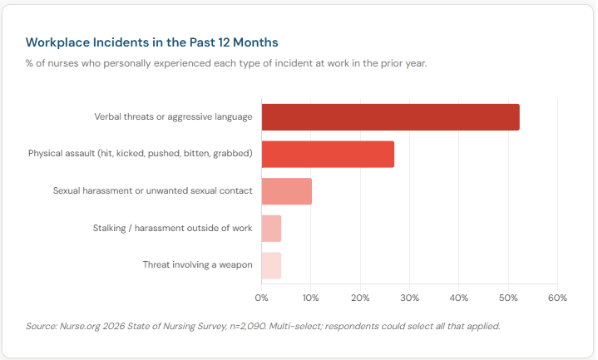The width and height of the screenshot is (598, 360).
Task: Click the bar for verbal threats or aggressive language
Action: (390, 117)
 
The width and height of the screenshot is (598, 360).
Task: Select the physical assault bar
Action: (328, 155)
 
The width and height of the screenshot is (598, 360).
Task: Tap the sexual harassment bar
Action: (286, 191)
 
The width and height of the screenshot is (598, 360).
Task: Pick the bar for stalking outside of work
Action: (271, 229)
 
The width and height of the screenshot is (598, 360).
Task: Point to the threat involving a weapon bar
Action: (271, 265)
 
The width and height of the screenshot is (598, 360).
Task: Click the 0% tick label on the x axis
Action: (261, 297)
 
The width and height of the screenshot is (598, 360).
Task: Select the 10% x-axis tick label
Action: (310, 297)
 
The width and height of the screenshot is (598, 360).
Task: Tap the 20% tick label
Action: (359, 297)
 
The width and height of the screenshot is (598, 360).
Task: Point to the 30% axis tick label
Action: (408, 297)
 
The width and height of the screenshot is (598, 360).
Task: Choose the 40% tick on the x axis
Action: (458, 297)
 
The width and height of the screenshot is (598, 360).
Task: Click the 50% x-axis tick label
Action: (507, 297)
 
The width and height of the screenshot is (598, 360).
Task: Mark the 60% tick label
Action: (556, 297)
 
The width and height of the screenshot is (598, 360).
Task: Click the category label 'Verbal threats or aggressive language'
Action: (173, 117)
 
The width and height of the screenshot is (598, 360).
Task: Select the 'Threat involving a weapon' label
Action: (197, 265)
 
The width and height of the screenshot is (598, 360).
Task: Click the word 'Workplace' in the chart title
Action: (56, 42)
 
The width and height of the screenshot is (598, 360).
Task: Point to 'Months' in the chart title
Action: (255, 42)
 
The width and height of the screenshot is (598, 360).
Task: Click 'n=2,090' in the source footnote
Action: (241, 326)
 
